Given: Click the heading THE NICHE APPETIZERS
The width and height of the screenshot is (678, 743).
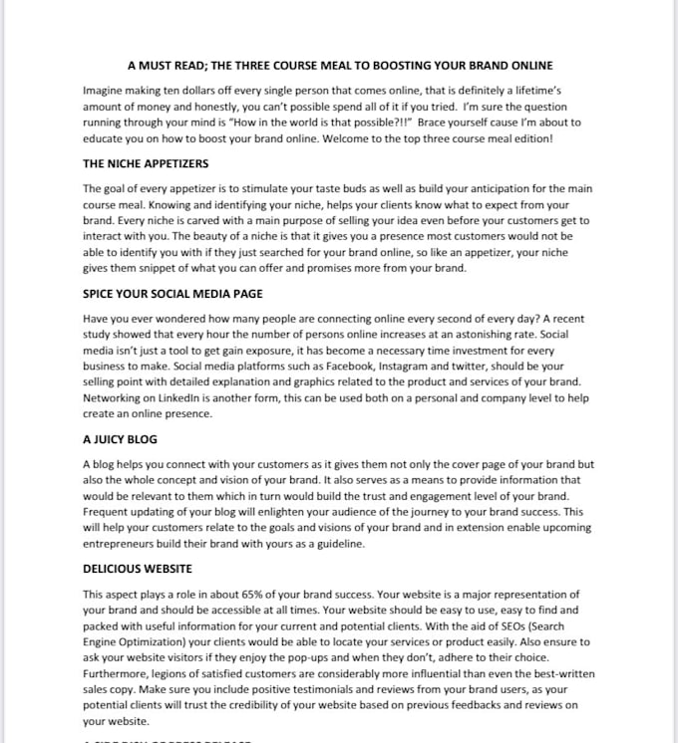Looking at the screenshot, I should [x=146, y=163].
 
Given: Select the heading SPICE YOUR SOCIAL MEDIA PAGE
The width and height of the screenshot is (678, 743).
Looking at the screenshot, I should [x=172, y=294].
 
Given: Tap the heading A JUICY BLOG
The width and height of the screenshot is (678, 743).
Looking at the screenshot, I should [x=120, y=439].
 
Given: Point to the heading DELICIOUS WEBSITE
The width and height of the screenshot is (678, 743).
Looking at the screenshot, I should [x=138, y=569].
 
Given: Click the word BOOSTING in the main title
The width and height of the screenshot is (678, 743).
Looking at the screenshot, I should [x=402, y=66].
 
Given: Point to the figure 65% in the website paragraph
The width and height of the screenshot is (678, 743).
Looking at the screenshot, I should [x=252, y=595].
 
